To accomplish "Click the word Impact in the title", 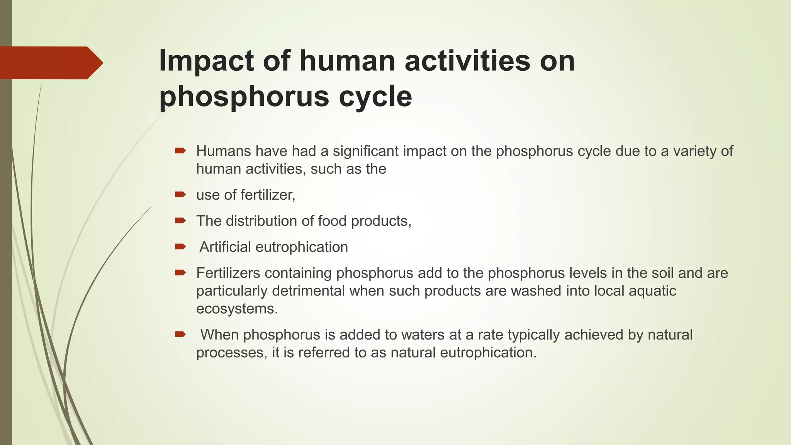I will pos(207,61).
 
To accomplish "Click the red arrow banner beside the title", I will pos(50,63).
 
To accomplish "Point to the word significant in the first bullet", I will pos(366,151).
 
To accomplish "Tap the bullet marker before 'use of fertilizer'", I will pos(180,195).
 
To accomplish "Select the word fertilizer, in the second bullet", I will pos(268,195).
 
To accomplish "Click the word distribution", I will pos(261,221).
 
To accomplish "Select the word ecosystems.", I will pos(237,309).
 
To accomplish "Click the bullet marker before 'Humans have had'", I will pos(180,151).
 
